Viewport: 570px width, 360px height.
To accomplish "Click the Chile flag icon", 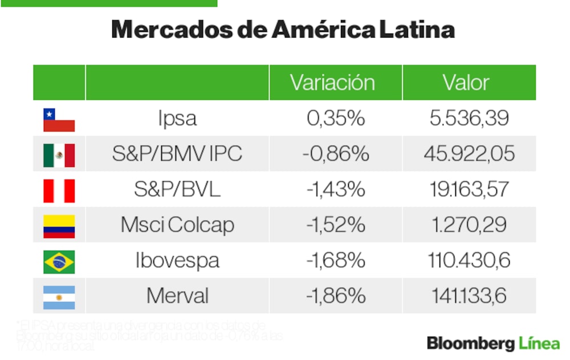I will [x=59, y=120].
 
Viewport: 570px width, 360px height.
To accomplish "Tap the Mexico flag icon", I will [x=59, y=155].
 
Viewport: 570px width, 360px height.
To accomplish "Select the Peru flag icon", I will [x=59, y=191].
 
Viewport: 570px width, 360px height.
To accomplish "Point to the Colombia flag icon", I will [x=59, y=226].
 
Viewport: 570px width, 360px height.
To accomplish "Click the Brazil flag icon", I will [x=59, y=261].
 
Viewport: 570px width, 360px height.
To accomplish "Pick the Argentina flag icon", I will [x=59, y=297].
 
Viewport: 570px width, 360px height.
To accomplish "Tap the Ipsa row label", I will [x=177, y=118].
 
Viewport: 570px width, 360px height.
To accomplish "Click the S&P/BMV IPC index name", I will [x=177, y=154].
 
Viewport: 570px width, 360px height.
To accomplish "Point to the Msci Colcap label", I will [x=177, y=225].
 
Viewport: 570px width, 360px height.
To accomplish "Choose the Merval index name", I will [x=177, y=296].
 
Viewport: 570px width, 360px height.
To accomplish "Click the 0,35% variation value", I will [x=335, y=118].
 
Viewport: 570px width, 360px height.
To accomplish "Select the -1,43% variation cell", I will [x=335, y=189].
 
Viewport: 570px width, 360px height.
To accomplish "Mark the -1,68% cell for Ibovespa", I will [x=335, y=260].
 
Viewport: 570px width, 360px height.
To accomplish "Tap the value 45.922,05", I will [x=469, y=154].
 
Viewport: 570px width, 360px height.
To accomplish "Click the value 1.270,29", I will [x=469, y=225].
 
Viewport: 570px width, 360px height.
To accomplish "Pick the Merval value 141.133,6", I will [x=469, y=296].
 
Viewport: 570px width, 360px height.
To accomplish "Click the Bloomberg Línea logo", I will [x=493, y=343].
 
